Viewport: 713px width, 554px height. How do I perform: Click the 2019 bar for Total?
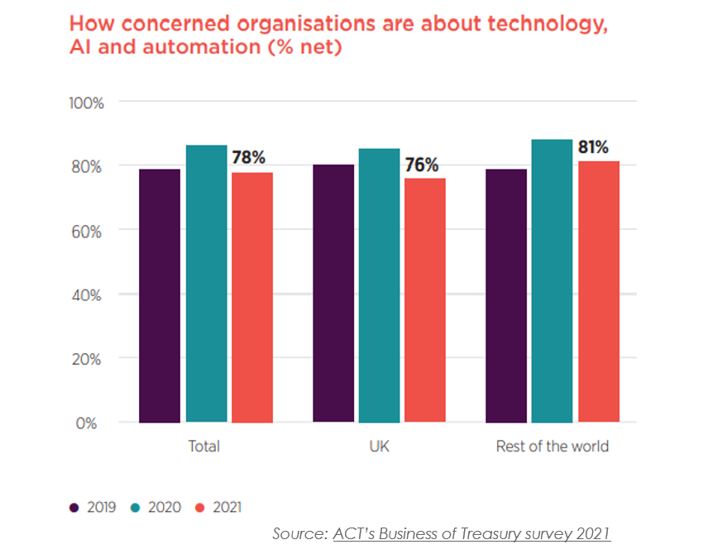tap(160, 296)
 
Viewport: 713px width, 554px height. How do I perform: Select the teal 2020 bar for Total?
tap(206, 284)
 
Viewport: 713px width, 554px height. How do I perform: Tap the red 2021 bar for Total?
tap(252, 298)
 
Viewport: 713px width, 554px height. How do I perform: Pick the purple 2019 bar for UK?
tap(333, 294)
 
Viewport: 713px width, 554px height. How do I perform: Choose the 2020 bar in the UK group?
tap(380, 285)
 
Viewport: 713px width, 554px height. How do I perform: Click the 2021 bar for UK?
tap(425, 300)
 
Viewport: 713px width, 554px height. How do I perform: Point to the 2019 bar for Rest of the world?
tap(506, 296)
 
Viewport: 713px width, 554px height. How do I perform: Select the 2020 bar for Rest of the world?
tap(552, 281)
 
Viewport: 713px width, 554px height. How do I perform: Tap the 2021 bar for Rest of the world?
tap(598, 292)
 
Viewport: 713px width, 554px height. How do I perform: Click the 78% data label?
tap(249, 158)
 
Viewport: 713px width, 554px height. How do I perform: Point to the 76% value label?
tap(422, 165)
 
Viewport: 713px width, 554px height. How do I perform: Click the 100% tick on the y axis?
tap(86, 103)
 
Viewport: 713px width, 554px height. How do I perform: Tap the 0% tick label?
tap(88, 423)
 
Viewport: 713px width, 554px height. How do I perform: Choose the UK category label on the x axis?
tap(380, 447)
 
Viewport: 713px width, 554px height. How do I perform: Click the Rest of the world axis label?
tap(552, 447)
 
